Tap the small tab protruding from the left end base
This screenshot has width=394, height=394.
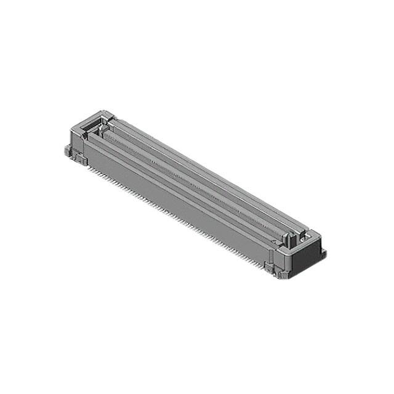tap(65, 150)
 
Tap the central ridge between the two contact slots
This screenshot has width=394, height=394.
tap(197, 179)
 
